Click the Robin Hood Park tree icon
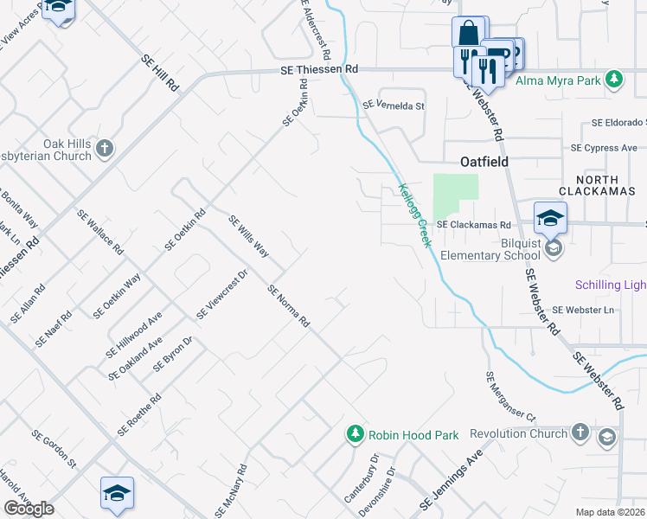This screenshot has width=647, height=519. [x=355, y=434]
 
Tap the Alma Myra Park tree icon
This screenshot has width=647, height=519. [x=614, y=80]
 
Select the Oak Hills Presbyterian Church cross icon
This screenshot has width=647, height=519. [x=104, y=149]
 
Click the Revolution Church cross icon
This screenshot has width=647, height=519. [x=580, y=432]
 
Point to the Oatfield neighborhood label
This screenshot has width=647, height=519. [x=483, y=162]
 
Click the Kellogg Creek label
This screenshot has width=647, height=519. [x=413, y=214]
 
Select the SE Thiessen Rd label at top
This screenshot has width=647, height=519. [x=318, y=69]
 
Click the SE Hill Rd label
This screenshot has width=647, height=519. [x=160, y=69]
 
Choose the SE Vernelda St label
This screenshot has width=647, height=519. [x=394, y=106]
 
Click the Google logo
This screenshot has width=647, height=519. [x=29, y=509]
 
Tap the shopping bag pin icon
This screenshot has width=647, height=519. [x=468, y=34]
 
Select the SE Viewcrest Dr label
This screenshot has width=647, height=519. [x=222, y=294]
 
